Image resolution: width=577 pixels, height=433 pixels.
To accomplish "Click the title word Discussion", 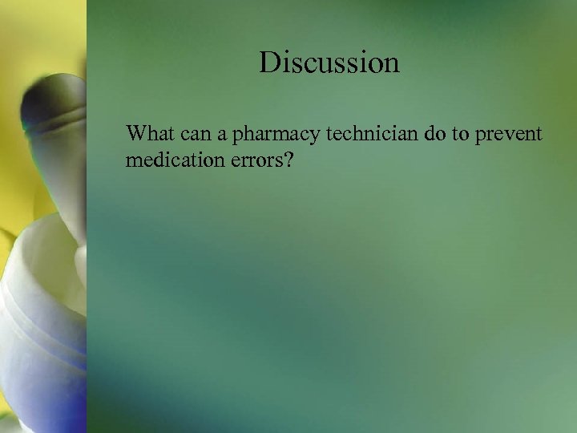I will click(329, 63).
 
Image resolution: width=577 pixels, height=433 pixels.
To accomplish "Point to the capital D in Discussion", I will click(268, 63).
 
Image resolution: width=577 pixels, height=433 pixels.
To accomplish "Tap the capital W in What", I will click(136, 132).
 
